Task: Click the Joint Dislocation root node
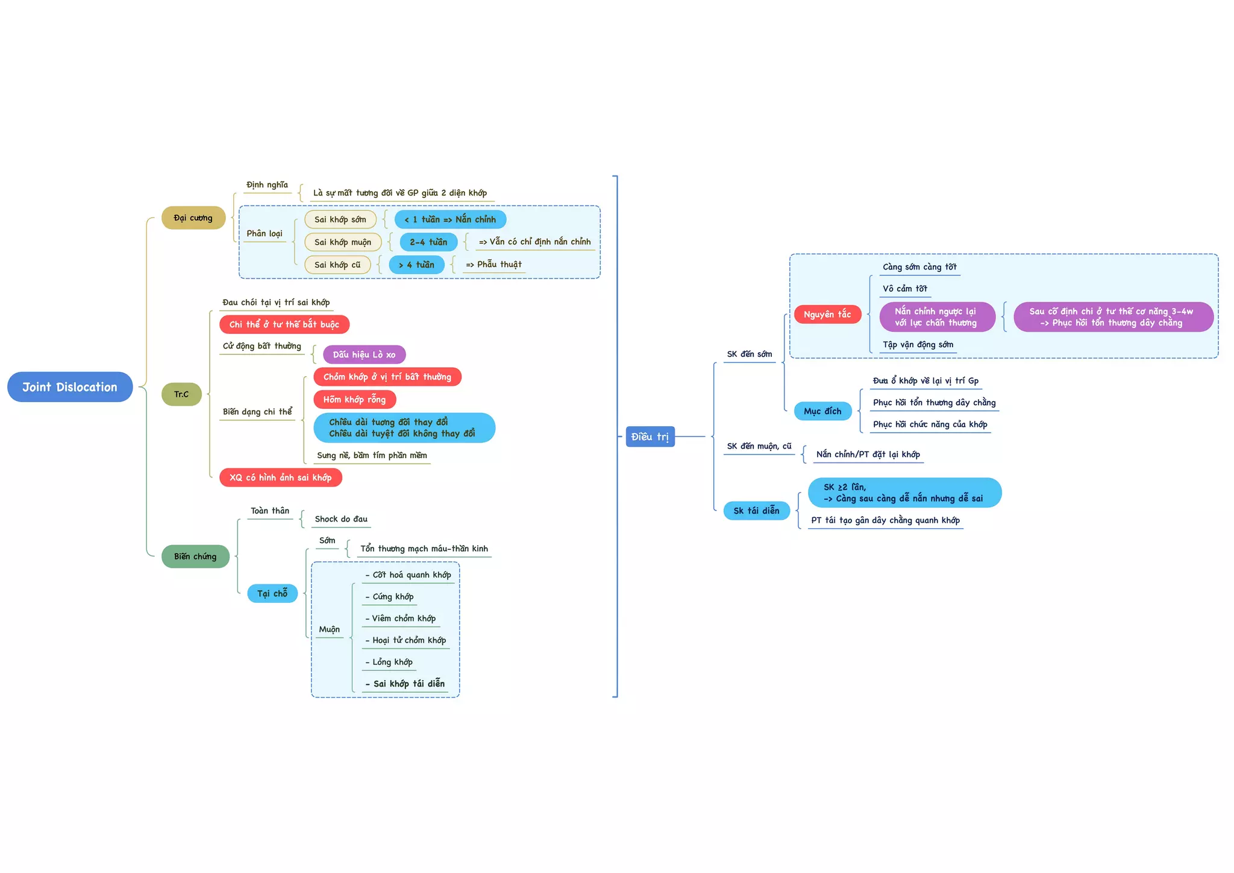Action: click(70, 387)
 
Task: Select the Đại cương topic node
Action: click(193, 218)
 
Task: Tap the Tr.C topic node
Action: click(181, 394)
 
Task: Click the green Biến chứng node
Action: click(195, 556)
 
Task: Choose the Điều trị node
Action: click(650, 436)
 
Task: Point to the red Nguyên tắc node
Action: click(827, 314)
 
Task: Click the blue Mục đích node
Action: click(822, 411)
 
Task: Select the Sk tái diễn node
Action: click(756, 511)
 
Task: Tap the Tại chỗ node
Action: click(272, 593)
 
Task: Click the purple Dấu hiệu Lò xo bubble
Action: click(364, 355)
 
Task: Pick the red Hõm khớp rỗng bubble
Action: click(354, 399)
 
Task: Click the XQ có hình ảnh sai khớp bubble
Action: click(280, 477)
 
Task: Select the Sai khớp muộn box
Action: click(343, 242)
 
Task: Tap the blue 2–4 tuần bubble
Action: click(428, 242)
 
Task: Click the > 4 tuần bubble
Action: click(416, 265)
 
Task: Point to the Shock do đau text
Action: click(341, 519)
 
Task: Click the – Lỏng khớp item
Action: click(389, 662)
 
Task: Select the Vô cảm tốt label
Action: click(905, 289)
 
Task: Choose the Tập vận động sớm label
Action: click(918, 345)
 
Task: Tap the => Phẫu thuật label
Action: click(493, 265)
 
